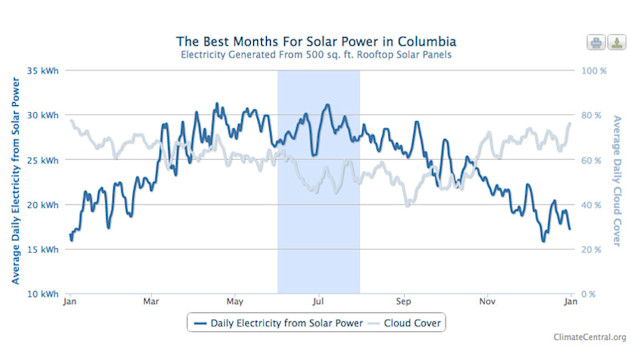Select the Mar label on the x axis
coord(151,300)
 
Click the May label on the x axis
coord(235,300)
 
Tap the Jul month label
coord(319,300)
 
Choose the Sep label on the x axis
coord(404,300)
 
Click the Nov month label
coord(488,300)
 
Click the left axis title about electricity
coord(17,182)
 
